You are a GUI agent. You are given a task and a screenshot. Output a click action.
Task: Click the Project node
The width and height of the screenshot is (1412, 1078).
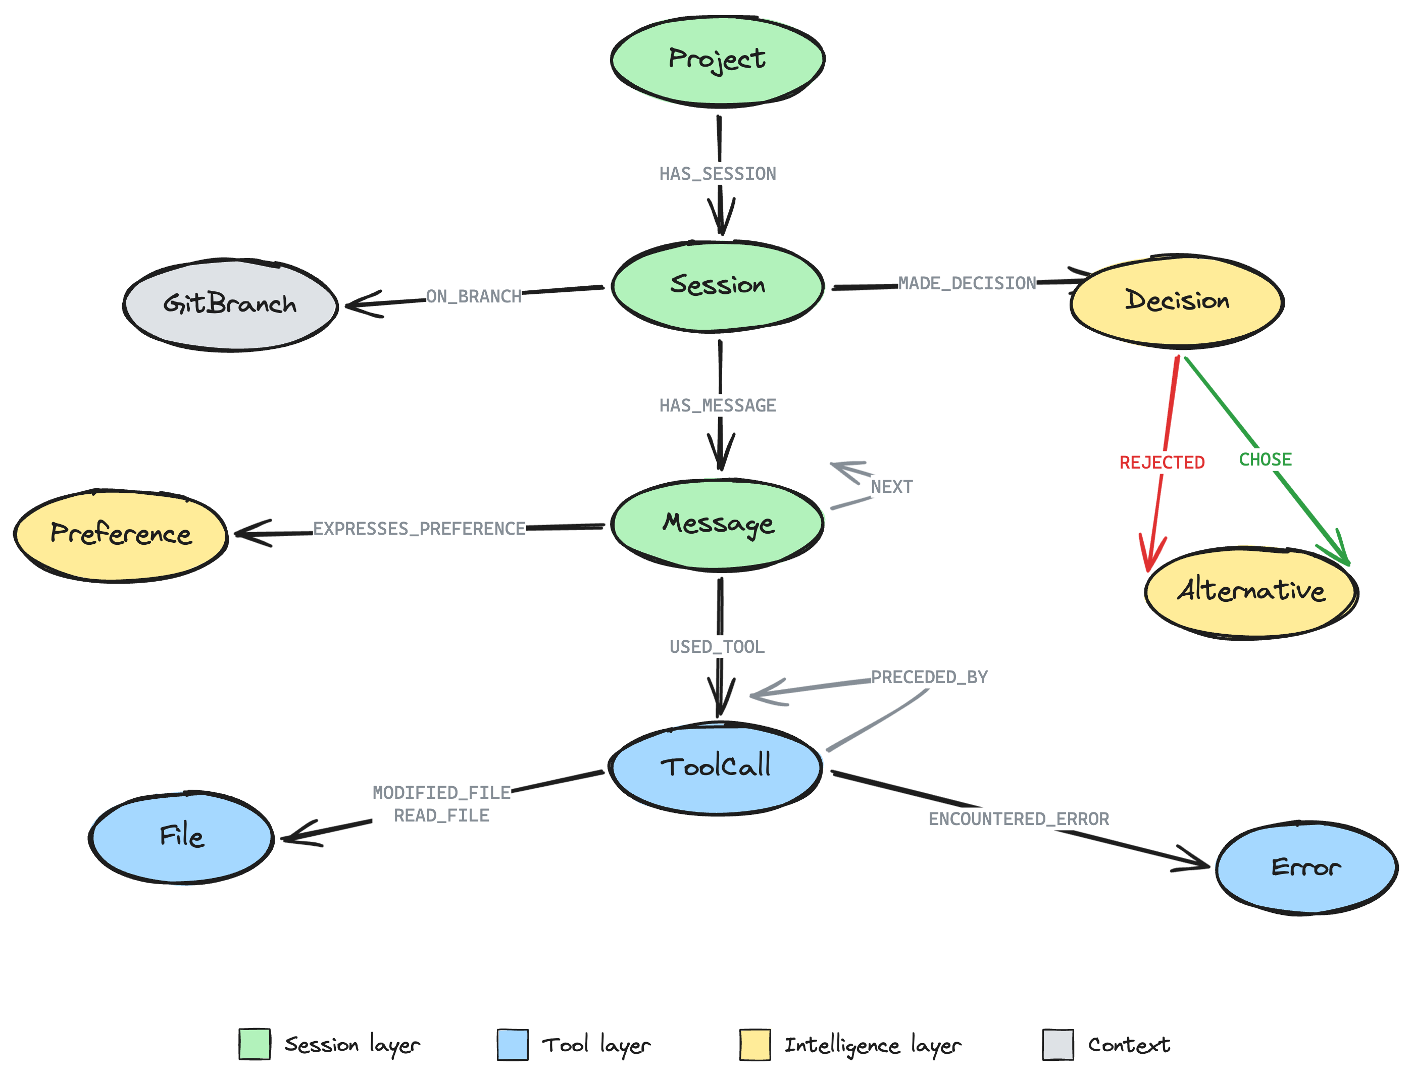(717, 60)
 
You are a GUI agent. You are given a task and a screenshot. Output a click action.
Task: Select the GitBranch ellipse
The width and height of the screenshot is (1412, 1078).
(229, 304)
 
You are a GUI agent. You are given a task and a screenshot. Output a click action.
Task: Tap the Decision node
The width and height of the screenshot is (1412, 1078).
(1177, 301)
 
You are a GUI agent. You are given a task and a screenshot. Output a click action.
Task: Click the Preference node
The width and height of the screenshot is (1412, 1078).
(121, 535)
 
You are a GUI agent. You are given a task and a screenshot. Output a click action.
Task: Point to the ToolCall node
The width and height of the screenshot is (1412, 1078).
(716, 767)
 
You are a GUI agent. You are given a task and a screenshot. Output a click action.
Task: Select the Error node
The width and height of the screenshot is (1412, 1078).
(1305, 868)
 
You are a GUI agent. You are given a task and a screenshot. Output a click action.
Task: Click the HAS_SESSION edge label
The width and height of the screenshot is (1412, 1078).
(718, 174)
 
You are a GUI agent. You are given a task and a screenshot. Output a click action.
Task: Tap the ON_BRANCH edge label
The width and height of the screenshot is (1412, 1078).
(474, 296)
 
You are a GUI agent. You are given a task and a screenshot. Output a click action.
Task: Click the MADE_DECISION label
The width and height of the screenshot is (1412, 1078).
(967, 283)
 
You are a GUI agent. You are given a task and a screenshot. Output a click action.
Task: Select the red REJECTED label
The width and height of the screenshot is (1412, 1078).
(1162, 463)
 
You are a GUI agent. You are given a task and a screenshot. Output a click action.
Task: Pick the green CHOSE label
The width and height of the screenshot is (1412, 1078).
(1265, 459)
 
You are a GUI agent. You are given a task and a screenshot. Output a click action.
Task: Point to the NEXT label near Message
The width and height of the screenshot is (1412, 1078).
(891, 486)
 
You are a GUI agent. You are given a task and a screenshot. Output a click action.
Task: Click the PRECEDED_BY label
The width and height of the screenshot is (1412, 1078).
(929, 677)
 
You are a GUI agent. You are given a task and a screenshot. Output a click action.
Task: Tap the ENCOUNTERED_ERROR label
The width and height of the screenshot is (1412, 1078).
(1019, 819)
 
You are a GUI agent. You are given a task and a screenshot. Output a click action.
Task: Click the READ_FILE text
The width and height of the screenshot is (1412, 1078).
(441, 815)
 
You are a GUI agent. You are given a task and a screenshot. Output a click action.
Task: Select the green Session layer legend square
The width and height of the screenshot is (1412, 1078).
(255, 1045)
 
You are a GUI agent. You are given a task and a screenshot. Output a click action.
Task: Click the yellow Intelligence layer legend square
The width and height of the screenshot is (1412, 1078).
(755, 1045)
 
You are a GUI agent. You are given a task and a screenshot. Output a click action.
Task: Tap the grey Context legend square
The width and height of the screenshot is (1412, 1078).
(1057, 1045)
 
